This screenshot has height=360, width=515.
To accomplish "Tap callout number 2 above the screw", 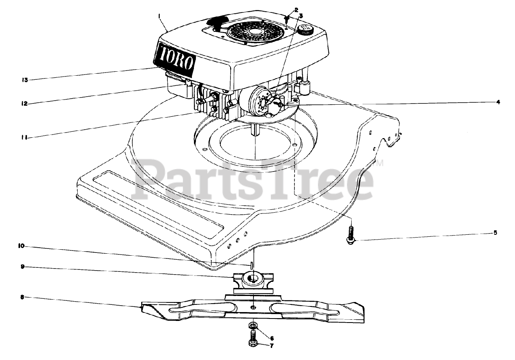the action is [296, 9].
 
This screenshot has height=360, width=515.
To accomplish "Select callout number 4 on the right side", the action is [498, 102].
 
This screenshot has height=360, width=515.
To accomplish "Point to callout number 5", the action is [495, 233].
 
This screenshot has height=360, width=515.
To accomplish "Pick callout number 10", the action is [22, 245].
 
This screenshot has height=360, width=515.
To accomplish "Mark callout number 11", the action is [24, 137].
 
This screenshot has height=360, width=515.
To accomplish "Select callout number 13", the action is [25, 80].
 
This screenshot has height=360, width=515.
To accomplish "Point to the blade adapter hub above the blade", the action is [253, 280].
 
